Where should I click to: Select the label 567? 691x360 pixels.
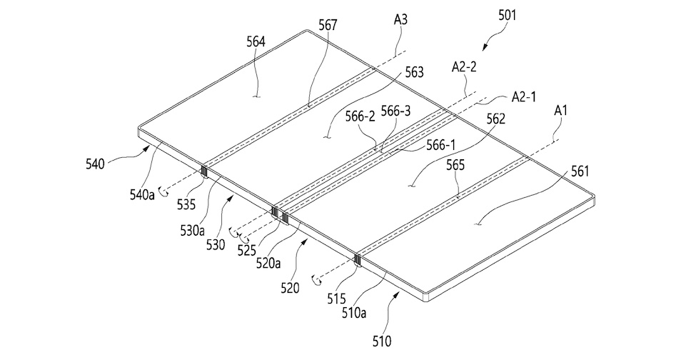click(328, 26)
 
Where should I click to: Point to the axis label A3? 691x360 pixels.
click(400, 20)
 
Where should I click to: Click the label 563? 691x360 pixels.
click(413, 72)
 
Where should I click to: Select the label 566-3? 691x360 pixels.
click(415, 111)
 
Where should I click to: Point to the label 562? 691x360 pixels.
click(496, 121)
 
